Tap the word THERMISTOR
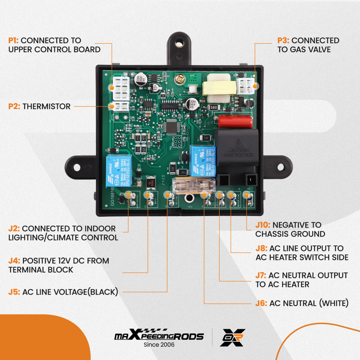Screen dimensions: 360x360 pyautogui.click(x=46, y=106)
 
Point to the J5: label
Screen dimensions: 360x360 pyautogui.click(x=14, y=292)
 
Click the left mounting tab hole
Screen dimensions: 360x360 pyautogui.click(x=77, y=167)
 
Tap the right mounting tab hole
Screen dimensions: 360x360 pyautogui.click(x=280, y=167)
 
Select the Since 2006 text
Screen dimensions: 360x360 pyautogui.click(x=159, y=345)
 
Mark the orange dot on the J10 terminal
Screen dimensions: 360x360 pyautogui.click(x=246, y=195)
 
